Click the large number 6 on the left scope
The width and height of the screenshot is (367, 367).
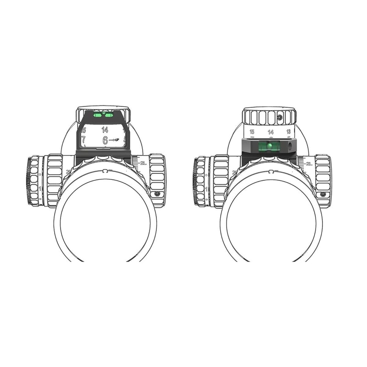[105, 140]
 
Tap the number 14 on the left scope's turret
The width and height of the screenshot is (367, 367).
[105, 130]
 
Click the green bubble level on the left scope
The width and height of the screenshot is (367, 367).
[103, 115]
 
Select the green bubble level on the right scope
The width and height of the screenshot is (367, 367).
[269, 146]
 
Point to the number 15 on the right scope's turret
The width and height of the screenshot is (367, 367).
[252, 132]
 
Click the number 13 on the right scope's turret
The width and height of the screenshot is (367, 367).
[289, 132]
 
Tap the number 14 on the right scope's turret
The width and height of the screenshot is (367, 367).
[271, 132]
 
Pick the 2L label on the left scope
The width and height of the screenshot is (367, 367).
[143, 163]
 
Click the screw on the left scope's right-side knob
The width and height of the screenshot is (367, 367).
[157, 194]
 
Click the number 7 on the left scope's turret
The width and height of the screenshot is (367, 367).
[83, 139]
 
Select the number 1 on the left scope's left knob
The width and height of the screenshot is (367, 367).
[41, 189]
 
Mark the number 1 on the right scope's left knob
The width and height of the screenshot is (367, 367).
[207, 189]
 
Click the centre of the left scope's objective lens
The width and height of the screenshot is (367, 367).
[105, 220]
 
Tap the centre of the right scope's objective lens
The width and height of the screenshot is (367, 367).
[271, 220]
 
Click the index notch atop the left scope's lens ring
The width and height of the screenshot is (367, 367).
[105, 171]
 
